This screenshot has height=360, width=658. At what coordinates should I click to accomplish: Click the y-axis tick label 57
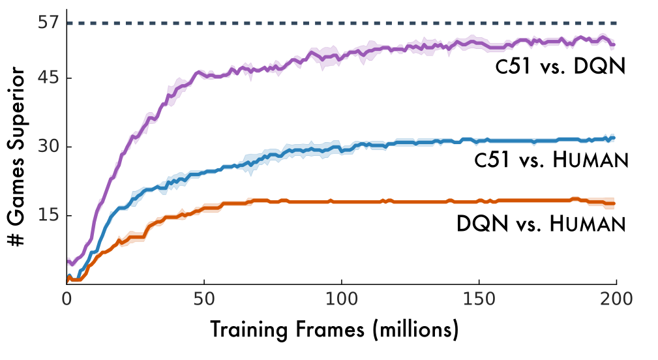49,23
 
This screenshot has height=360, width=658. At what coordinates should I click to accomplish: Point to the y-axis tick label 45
49,78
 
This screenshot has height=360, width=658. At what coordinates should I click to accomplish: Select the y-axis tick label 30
49,147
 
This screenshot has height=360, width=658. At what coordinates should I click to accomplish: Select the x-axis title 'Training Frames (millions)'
334,329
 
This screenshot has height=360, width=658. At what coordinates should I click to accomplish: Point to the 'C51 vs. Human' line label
551,160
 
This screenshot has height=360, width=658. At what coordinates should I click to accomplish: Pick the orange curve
391,202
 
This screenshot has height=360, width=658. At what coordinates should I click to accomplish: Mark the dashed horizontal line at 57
326,23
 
